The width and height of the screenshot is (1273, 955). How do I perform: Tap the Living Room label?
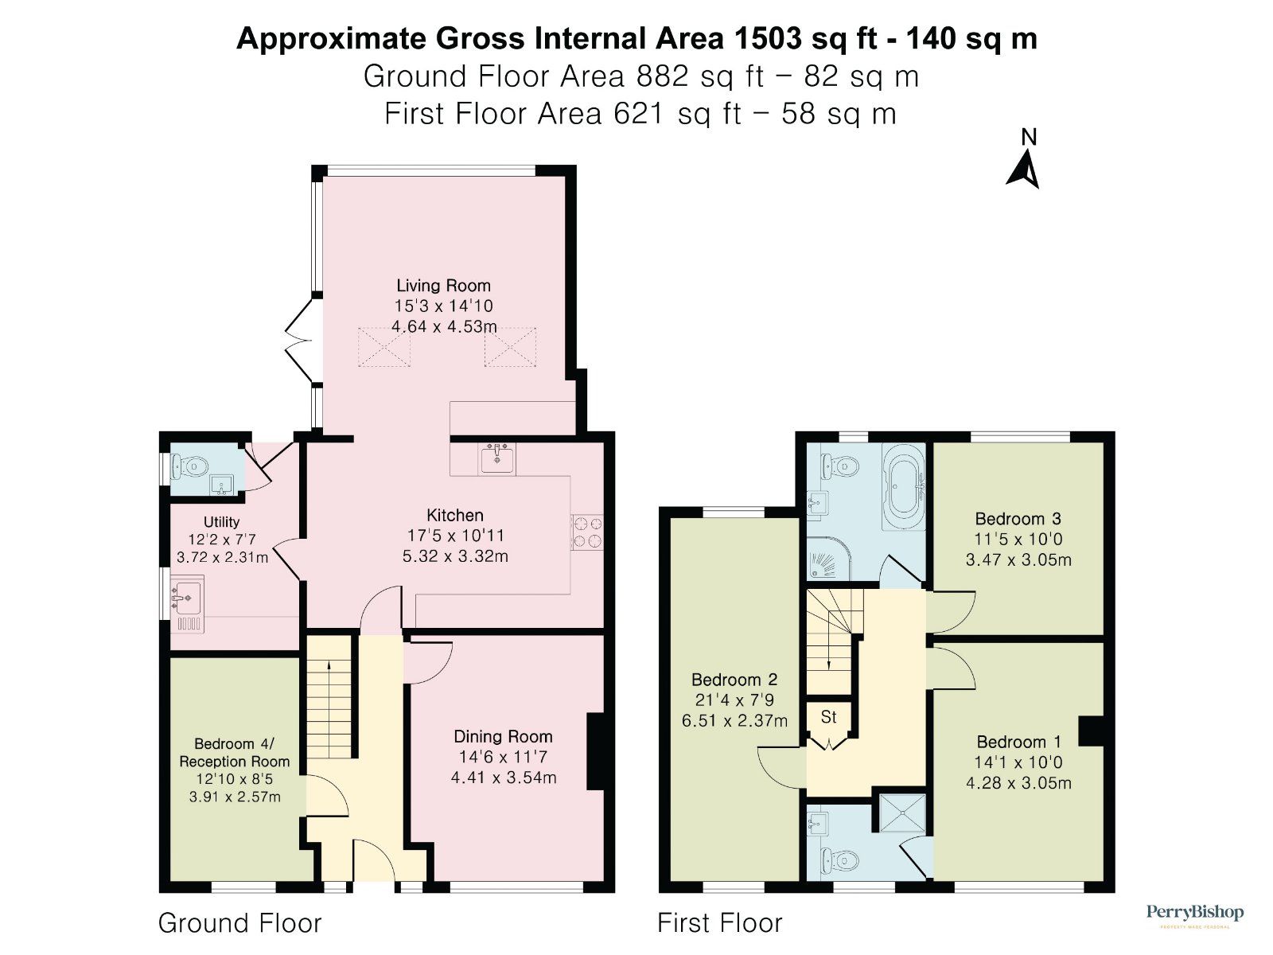click(444, 285)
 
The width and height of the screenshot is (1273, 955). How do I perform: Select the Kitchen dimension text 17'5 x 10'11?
click(455, 535)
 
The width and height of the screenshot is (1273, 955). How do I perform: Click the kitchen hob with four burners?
click(587, 532)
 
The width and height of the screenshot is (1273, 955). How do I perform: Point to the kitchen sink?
click(497, 458)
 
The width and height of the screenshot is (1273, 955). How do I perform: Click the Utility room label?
click(221, 522)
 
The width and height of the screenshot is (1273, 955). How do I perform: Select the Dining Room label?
click(503, 736)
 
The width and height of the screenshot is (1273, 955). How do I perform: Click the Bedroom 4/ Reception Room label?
click(234, 752)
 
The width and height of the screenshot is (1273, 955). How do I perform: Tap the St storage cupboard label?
click(829, 717)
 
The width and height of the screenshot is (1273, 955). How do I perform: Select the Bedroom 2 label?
click(734, 679)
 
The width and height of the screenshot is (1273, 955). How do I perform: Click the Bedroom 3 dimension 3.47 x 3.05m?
click(1018, 559)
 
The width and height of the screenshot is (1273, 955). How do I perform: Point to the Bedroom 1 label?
click(1018, 742)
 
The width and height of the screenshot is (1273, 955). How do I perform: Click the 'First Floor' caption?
click(720, 923)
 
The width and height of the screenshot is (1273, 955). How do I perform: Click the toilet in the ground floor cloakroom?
click(189, 466)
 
